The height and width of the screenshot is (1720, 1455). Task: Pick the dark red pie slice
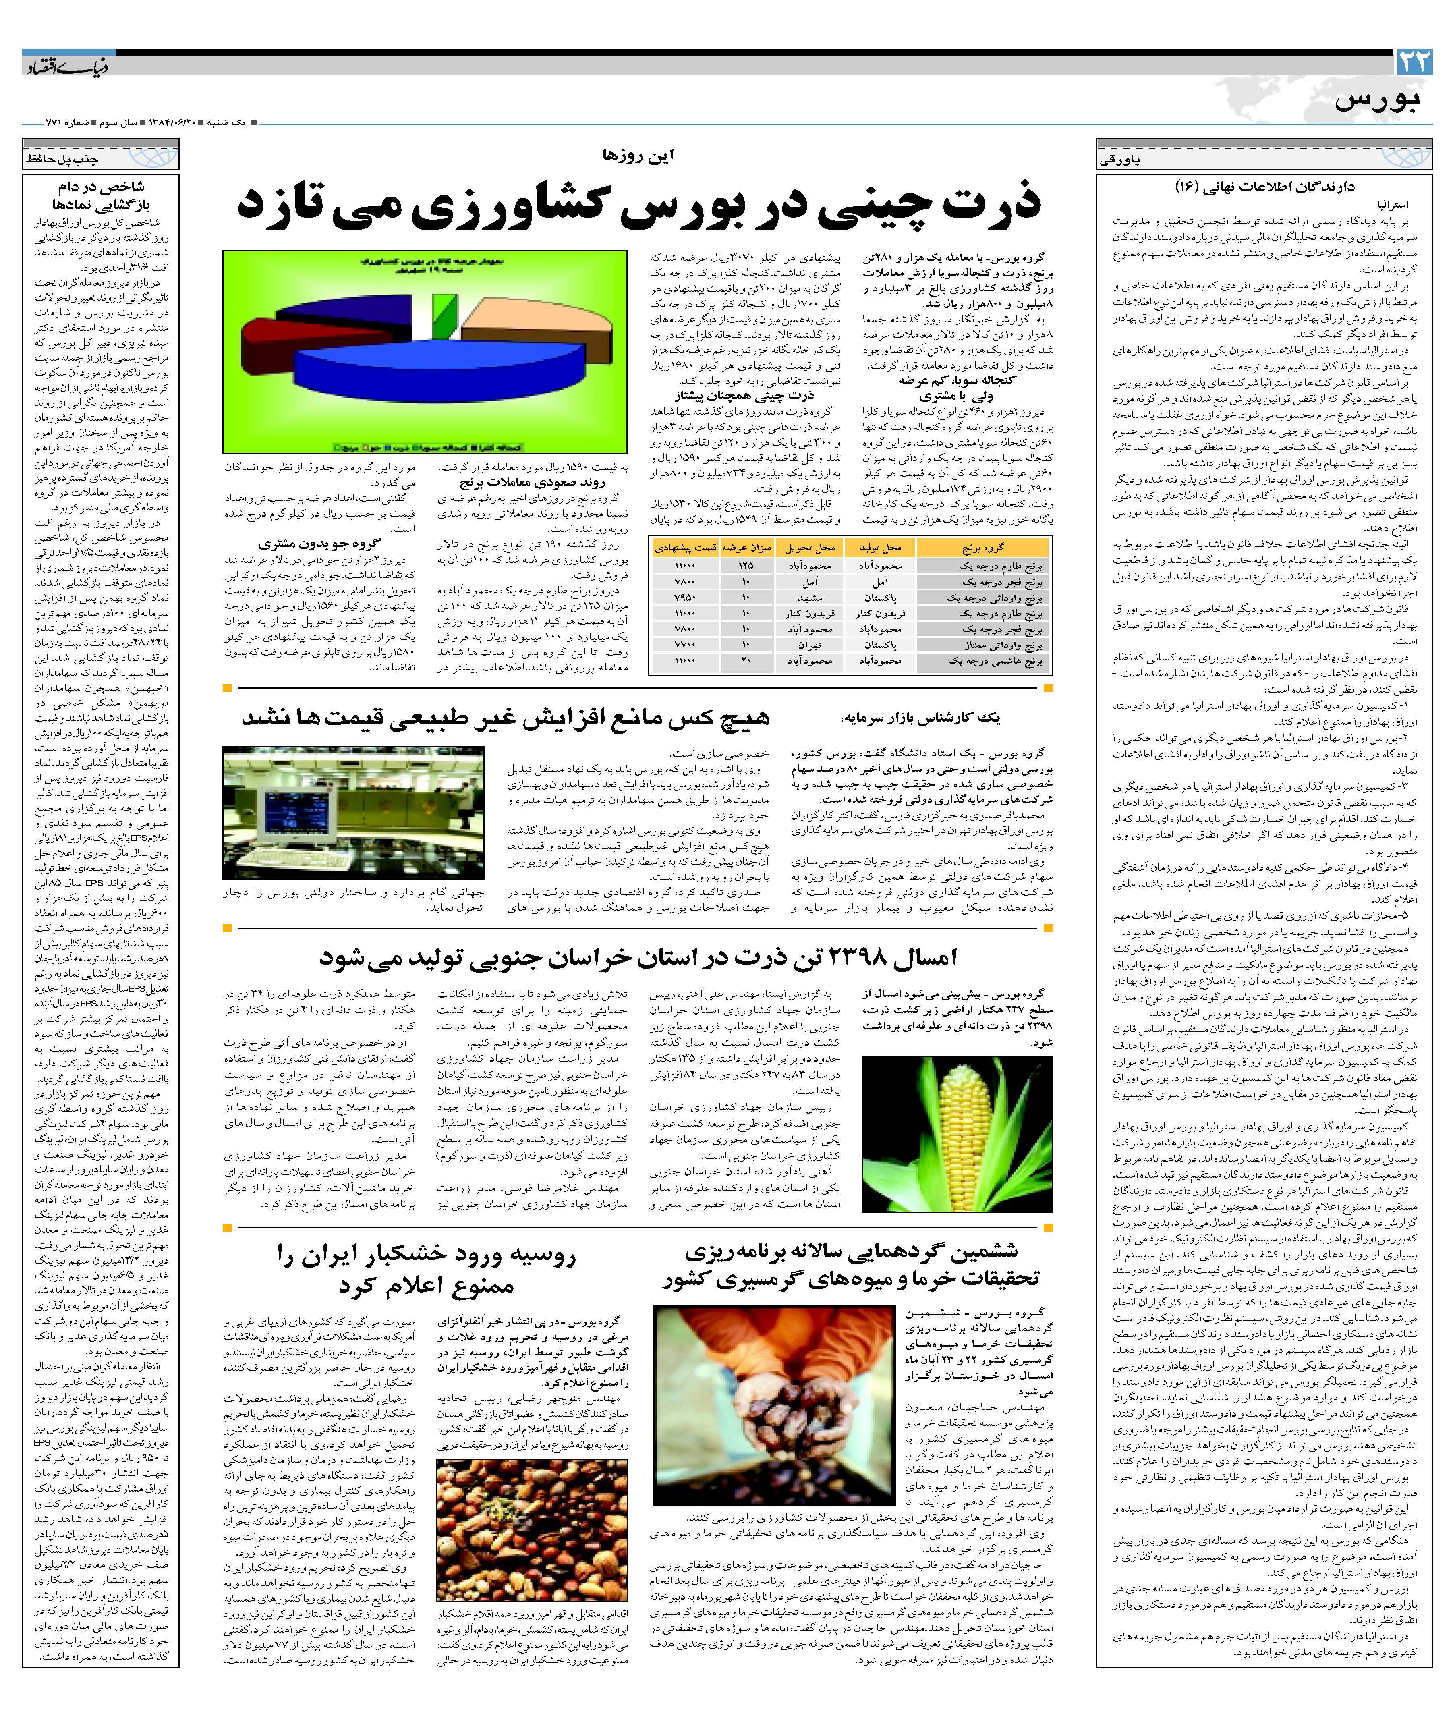265,346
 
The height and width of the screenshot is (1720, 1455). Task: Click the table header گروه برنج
983,548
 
